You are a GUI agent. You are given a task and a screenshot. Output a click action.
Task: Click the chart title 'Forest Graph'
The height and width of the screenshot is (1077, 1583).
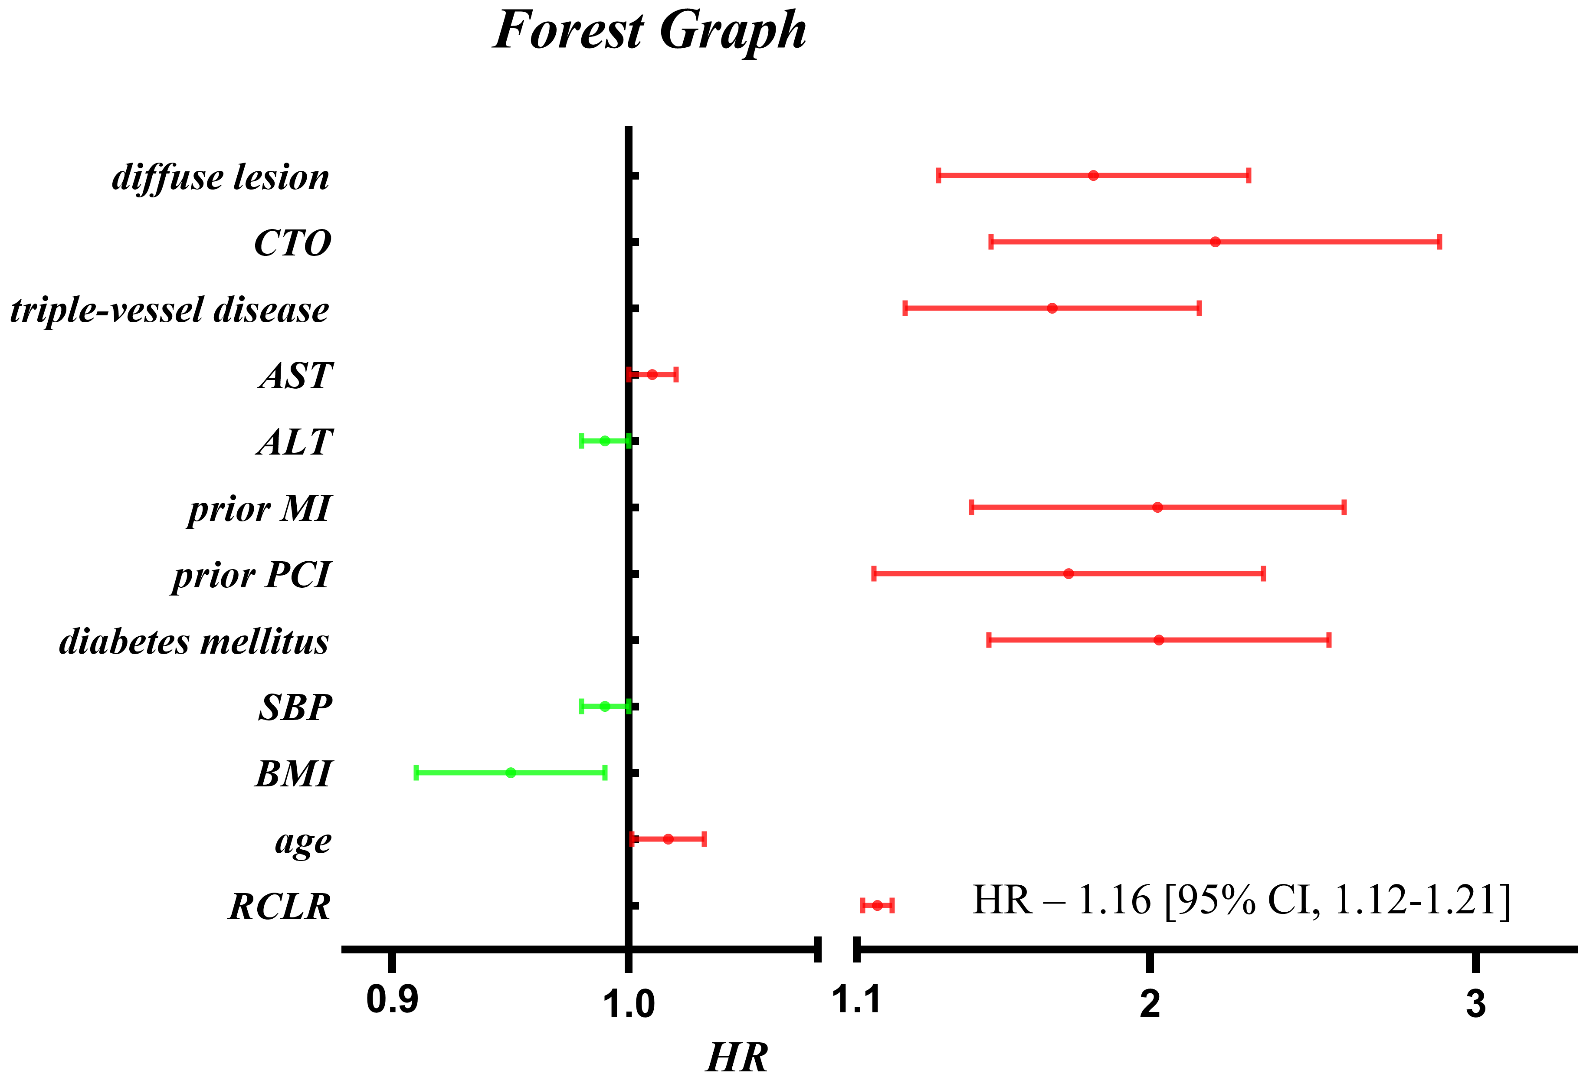pyautogui.click(x=649, y=31)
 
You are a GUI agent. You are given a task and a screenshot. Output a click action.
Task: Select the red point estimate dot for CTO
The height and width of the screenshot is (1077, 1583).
pyautogui.click(x=1215, y=242)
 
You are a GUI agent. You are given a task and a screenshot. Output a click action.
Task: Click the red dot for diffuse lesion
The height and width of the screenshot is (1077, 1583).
pyautogui.click(x=1093, y=176)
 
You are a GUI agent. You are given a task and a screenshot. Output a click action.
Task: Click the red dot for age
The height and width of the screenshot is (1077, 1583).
pyautogui.click(x=668, y=838)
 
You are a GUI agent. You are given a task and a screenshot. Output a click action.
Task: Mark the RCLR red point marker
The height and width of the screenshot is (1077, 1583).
pyautogui.click(x=877, y=905)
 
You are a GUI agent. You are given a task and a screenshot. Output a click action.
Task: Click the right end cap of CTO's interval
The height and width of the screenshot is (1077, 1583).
pyautogui.click(x=1439, y=242)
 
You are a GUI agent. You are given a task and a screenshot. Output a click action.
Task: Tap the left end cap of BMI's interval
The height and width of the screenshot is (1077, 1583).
pyautogui.click(x=416, y=773)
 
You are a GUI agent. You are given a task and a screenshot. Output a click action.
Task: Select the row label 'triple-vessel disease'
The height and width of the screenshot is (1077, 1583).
pyautogui.click(x=170, y=310)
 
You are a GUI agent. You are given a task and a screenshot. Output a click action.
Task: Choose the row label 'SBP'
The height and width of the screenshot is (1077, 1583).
pyautogui.click(x=295, y=707)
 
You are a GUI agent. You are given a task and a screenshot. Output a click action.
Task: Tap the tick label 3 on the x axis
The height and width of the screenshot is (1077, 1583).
pyautogui.click(x=1475, y=1003)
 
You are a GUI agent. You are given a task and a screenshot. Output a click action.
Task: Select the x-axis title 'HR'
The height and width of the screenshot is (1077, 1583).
pyautogui.click(x=737, y=1057)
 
